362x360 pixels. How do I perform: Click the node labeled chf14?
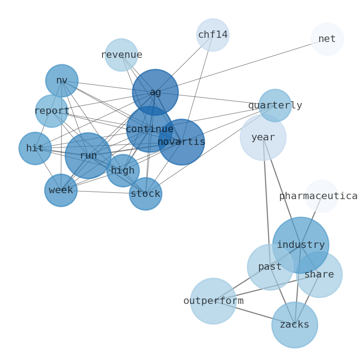coord(212,35)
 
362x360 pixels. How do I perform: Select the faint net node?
coord(327,39)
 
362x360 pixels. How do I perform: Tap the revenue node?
coord(121,55)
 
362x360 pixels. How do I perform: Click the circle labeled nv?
coord(62,81)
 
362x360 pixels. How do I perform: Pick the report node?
coord(52,111)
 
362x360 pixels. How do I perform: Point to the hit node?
coord(35,149)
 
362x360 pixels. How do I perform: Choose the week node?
coord(61,190)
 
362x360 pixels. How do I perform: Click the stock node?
coord(145,194)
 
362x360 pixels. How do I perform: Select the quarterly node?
coord(275,106)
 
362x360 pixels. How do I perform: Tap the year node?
coord(263,138)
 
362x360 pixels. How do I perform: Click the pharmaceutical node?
coord(321,196)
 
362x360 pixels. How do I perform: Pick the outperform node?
coord(213,301)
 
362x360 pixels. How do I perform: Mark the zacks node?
coord(295,325)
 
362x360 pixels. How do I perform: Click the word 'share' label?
coord(319,275)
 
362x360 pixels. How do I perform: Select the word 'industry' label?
coord(301,245)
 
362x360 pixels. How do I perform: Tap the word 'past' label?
coord(269,267)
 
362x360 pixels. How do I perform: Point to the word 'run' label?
coord(88,156)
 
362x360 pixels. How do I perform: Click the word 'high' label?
coord(123,171)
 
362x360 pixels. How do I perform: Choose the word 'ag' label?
coord(155,93)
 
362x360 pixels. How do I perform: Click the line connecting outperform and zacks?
coord(253,313)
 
